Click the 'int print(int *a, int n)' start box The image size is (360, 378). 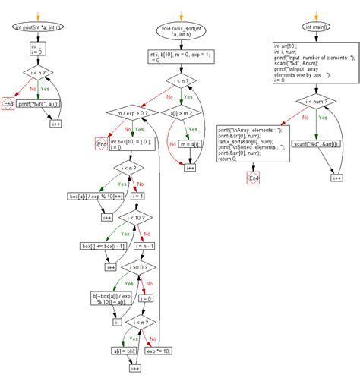38,27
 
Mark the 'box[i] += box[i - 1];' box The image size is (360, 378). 103,245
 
